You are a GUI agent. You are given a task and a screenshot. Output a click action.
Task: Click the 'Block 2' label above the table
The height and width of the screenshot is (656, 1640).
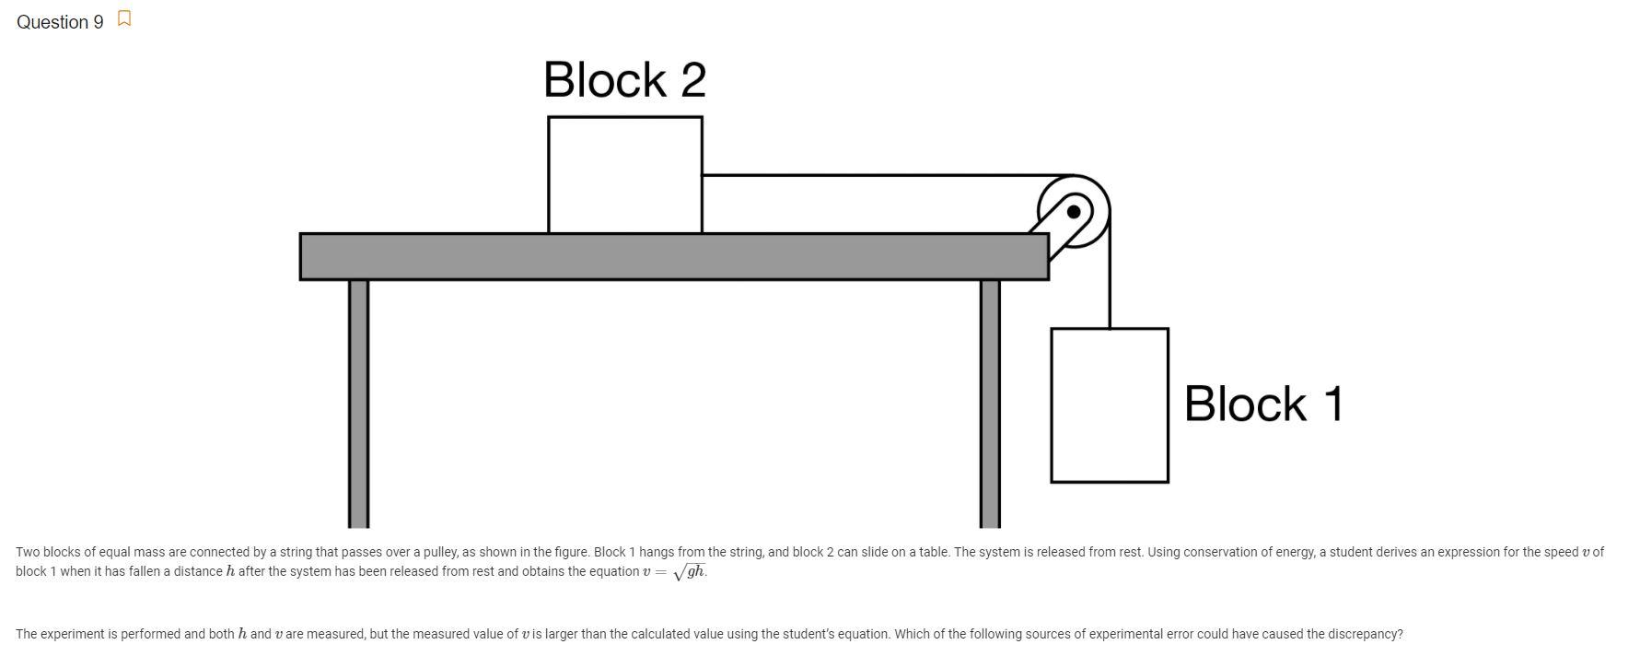[x=624, y=80]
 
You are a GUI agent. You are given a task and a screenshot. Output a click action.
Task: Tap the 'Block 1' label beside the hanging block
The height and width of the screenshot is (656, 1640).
[x=1263, y=404]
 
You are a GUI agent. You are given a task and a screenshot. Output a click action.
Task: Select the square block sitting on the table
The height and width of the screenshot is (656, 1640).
[x=624, y=175]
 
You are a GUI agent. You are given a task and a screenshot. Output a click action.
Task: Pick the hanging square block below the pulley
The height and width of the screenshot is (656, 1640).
[x=1109, y=405]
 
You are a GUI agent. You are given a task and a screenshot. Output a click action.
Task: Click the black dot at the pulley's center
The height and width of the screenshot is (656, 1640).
[x=1073, y=213]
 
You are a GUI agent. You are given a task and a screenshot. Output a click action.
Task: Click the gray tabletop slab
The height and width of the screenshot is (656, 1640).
[x=673, y=256]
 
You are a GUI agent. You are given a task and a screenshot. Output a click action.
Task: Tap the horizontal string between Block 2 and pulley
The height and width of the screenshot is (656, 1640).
[x=875, y=175]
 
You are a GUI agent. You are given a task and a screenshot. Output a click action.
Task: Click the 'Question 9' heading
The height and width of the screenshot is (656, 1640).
[x=60, y=22]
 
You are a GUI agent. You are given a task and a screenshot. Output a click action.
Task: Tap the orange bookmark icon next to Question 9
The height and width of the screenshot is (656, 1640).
[x=124, y=19]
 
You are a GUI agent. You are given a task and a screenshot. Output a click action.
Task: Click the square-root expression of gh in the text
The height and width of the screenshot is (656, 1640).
[x=689, y=572]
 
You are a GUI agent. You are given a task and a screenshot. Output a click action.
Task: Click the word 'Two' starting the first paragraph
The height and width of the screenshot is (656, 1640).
[x=27, y=553]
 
